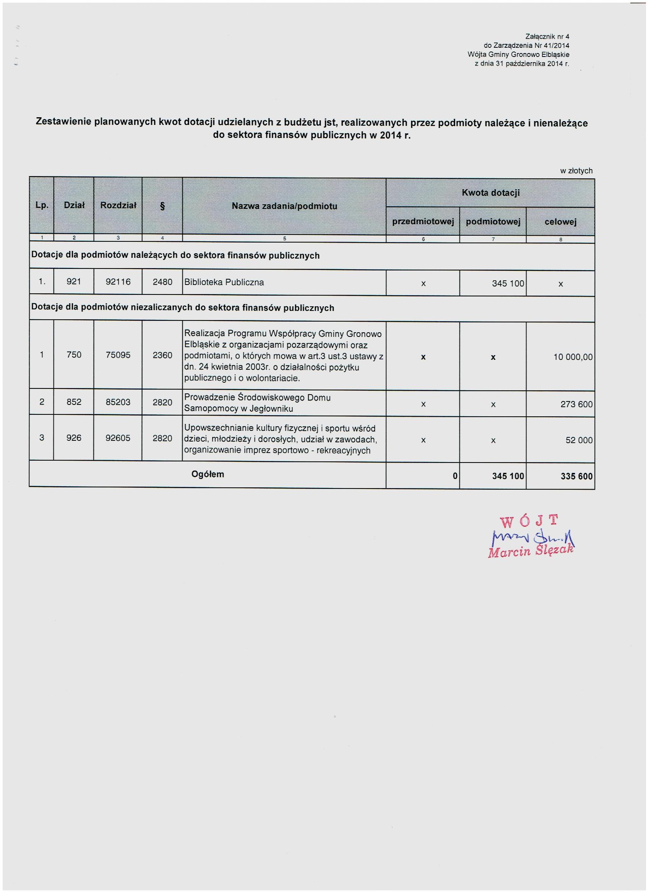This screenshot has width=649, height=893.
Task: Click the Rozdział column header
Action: (x=118, y=205)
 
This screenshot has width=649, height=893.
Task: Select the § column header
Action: (x=162, y=206)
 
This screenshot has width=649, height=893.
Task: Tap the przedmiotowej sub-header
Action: (x=423, y=222)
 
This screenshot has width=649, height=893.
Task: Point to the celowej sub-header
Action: (x=560, y=222)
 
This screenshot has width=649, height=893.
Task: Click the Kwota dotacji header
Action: (x=491, y=193)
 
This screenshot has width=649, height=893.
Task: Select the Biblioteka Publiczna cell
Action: (x=224, y=282)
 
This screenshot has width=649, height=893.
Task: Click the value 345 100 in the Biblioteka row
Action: (x=508, y=283)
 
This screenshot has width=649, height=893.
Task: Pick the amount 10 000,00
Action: (x=573, y=357)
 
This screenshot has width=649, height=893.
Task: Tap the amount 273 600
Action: (x=576, y=404)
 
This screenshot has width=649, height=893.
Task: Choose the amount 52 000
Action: (x=579, y=440)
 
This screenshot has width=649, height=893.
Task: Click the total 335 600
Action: (x=576, y=476)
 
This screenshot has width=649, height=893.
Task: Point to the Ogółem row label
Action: (x=207, y=474)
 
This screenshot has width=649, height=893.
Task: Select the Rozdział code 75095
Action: (x=118, y=355)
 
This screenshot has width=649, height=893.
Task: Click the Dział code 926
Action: (x=74, y=438)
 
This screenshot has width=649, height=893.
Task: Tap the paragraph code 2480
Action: (x=162, y=282)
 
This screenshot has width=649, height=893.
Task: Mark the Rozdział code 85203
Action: (x=118, y=402)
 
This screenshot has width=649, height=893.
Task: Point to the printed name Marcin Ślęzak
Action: (x=531, y=551)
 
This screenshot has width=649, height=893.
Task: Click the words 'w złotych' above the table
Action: (x=576, y=171)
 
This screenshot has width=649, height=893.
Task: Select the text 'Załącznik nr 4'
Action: (x=547, y=37)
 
